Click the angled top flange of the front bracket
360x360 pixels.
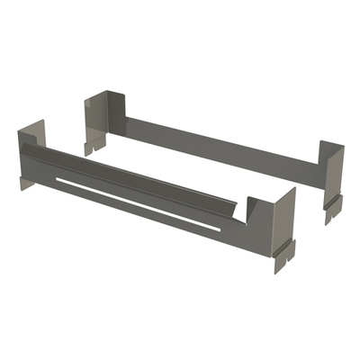click(135, 178)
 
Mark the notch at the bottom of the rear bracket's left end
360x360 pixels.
click(93, 142)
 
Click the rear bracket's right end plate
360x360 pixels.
click(334, 175)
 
